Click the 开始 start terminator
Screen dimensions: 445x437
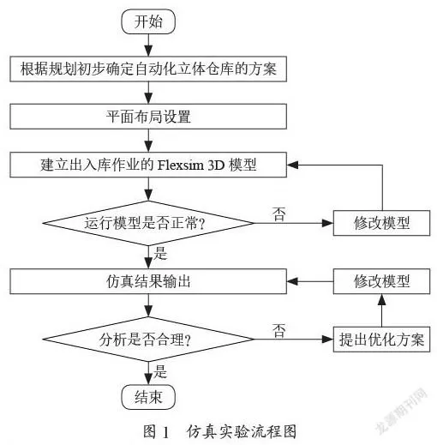[x=150, y=22]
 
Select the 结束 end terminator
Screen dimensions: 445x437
[x=150, y=397]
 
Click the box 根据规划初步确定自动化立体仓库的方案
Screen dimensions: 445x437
[x=150, y=68]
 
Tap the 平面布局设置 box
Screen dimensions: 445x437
[x=150, y=115]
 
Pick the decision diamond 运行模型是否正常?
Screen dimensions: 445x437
[x=150, y=224]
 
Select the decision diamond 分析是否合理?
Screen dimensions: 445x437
[x=150, y=339]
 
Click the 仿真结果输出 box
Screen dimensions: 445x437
[x=150, y=280]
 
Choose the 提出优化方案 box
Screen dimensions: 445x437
[x=382, y=339]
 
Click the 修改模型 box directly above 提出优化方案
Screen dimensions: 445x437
[x=382, y=280]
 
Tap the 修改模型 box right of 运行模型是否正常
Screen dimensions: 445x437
[x=382, y=224]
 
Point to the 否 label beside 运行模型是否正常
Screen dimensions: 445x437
[x=279, y=212]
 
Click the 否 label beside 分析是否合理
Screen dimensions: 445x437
[x=278, y=328]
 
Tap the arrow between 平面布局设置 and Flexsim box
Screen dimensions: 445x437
[x=150, y=139]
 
